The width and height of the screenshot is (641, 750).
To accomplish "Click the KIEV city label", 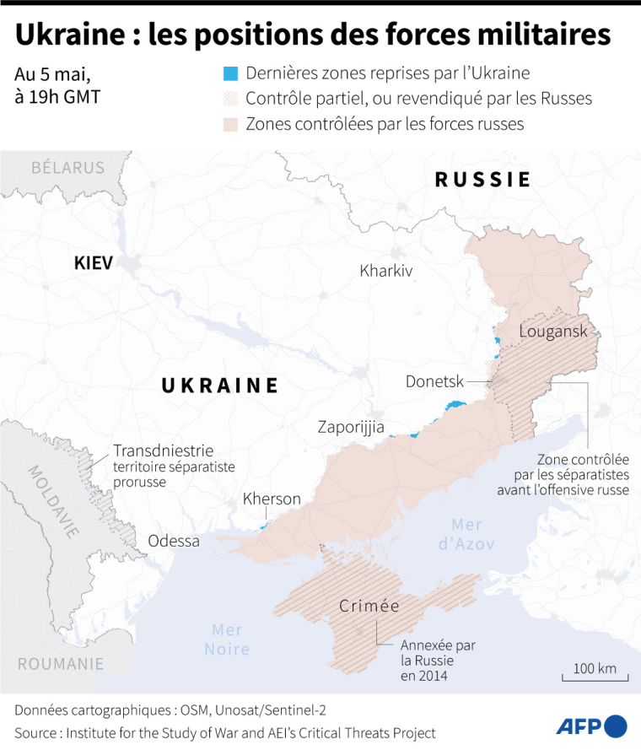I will (x=93, y=263).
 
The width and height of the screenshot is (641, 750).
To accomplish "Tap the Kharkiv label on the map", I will (x=385, y=271).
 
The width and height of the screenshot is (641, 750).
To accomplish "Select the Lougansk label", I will (x=553, y=331).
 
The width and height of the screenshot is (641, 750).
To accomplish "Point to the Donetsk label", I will (x=434, y=381).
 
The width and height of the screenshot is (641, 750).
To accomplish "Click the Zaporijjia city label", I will (x=351, y=427).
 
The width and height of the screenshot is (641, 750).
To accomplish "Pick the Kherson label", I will (x=272, y=499).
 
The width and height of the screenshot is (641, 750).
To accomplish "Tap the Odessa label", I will (x=174, y=541).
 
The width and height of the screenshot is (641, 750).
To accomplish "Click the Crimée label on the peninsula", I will (x=369, y=606).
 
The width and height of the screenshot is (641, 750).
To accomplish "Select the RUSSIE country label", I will (x=482, y=180).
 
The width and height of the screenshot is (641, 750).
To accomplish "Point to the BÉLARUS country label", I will (x=67, y=167).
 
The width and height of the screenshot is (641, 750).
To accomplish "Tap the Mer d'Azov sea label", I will (x=466, y=534).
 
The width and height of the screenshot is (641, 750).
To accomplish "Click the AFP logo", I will (x=591, y=726).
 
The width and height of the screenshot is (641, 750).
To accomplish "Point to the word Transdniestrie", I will (x=163, y=451).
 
